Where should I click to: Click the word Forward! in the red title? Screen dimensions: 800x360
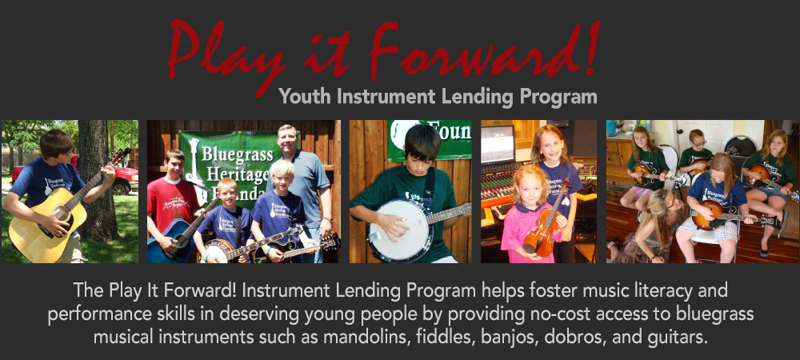[484, 49]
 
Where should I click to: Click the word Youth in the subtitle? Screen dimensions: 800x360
[305, 96]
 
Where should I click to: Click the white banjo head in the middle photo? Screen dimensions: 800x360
[399, 230]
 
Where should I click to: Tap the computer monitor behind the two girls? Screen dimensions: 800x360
[498, 143]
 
